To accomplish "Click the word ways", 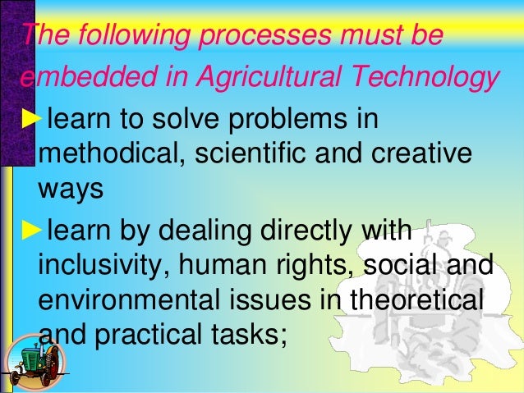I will pyautogui.click(x=71, y=191).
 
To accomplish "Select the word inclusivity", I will pyautogui.click(x=98, y=267).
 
